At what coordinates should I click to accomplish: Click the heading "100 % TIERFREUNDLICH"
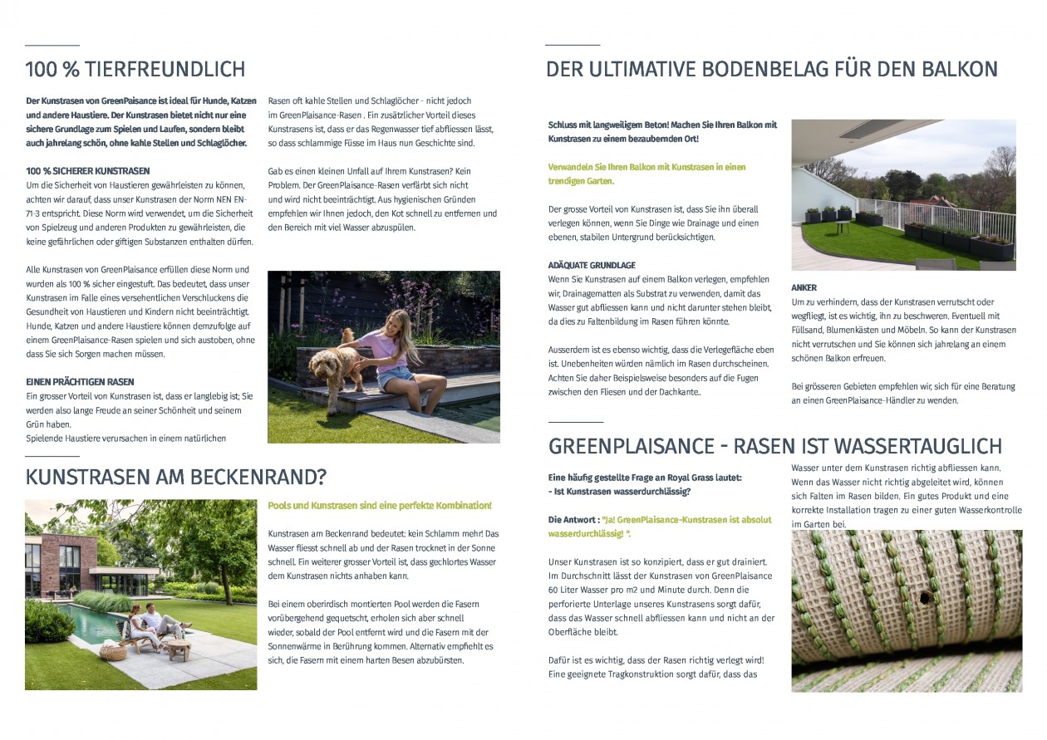[135, 69]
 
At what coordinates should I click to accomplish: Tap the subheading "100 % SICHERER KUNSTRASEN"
[88, 170]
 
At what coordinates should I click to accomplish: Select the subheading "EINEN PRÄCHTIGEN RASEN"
[80, 382]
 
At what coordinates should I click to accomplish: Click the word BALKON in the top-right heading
[951, 69]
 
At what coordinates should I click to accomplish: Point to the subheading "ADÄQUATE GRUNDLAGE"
[592, 265]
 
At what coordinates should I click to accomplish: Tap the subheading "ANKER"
[804, 287]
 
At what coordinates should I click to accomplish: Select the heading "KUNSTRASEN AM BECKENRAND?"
[175, 478]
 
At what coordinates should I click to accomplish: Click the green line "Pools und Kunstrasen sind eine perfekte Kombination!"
[379, 505]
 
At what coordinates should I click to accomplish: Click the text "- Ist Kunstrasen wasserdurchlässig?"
[619, 492]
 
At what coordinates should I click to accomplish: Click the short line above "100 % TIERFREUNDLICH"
[52, 45]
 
